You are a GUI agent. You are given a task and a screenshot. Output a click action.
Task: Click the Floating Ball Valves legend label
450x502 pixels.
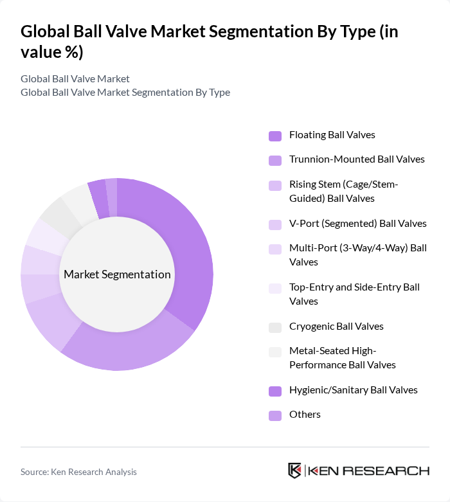(x=332, y=135)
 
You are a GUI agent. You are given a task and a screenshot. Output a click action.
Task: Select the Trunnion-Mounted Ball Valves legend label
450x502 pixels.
(x=357, y=159)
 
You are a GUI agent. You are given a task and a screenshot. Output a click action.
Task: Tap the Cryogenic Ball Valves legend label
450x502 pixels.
(x=336, y=326)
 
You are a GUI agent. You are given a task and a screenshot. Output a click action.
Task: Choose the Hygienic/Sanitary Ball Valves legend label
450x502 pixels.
(x=353, y=390)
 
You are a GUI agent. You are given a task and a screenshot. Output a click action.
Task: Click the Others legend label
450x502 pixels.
(x=305, y=414)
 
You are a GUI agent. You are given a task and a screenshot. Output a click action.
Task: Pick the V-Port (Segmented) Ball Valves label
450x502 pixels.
(x=357, y=224)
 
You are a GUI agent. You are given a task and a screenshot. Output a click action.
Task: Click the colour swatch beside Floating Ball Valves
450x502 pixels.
(x=275, y=136)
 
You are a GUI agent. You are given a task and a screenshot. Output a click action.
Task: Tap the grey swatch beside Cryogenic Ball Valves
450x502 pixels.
(x=275, y=327)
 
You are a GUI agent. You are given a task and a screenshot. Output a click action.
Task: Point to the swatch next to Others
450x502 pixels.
(x=275, y=415)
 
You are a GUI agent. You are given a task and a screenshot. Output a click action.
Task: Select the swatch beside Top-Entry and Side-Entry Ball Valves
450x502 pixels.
(x=275, y=288)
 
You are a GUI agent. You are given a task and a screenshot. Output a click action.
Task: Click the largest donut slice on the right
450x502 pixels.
(x=190, y=251)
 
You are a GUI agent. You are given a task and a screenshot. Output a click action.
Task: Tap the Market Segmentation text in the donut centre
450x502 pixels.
(x=117, y=274)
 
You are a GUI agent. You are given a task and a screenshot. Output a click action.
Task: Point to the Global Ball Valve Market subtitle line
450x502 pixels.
(x=75, y=78)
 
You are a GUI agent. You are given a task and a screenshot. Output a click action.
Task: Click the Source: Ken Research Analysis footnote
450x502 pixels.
(x=78, y=472)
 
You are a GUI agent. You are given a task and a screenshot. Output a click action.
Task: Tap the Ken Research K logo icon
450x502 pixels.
(x=294, y=471)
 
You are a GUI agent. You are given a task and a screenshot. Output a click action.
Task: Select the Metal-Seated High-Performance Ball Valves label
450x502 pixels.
(x=342, y=357)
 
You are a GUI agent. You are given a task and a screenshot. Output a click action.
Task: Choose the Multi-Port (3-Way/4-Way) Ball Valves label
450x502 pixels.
(x=357, y=255)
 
